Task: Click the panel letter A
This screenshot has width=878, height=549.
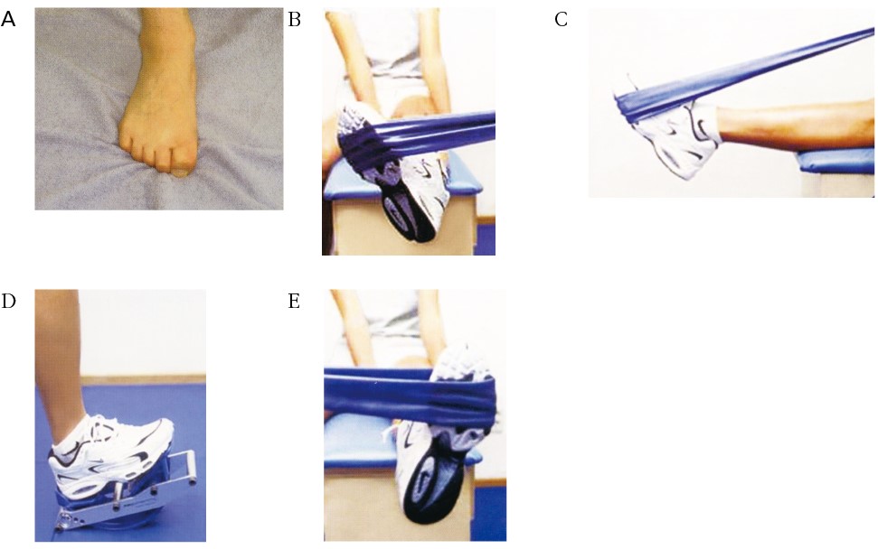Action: click(x=8, y=20)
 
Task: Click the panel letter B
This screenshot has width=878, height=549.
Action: click(x=295, y=20)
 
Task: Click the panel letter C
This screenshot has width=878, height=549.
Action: click(x=561, y=20)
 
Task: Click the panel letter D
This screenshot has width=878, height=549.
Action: click(x=8, y=302)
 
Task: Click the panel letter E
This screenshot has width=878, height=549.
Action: click(x=295, y=302)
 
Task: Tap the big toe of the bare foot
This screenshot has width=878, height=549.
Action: click(x=179, y=163)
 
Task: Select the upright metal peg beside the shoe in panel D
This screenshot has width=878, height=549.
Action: click(x=118, y=495)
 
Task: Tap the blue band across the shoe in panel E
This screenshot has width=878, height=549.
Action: click(x=411, y=394)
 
